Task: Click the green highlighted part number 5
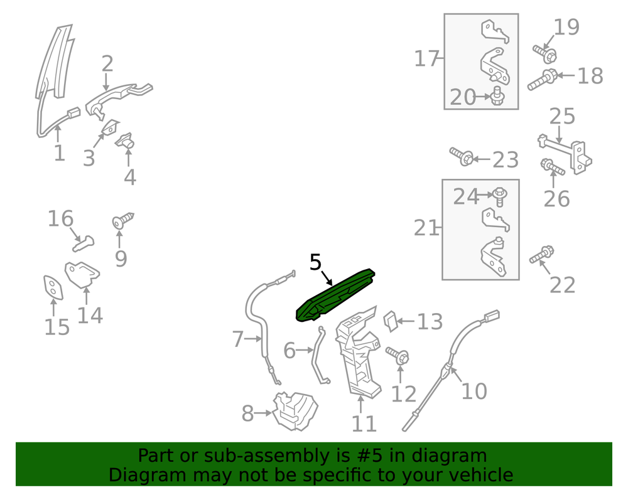335,296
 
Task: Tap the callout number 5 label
316,262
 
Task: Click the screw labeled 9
122,220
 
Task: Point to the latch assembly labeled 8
295,411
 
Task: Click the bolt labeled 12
398,355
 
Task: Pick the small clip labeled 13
391,321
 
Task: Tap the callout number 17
426,58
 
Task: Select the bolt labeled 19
545,54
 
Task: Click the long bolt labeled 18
543,80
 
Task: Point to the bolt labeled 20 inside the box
498,96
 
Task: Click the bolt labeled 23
462,156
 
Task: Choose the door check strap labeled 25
565,153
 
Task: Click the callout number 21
426,228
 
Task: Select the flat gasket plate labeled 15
53,287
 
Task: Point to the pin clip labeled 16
84,243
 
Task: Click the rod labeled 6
320,355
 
